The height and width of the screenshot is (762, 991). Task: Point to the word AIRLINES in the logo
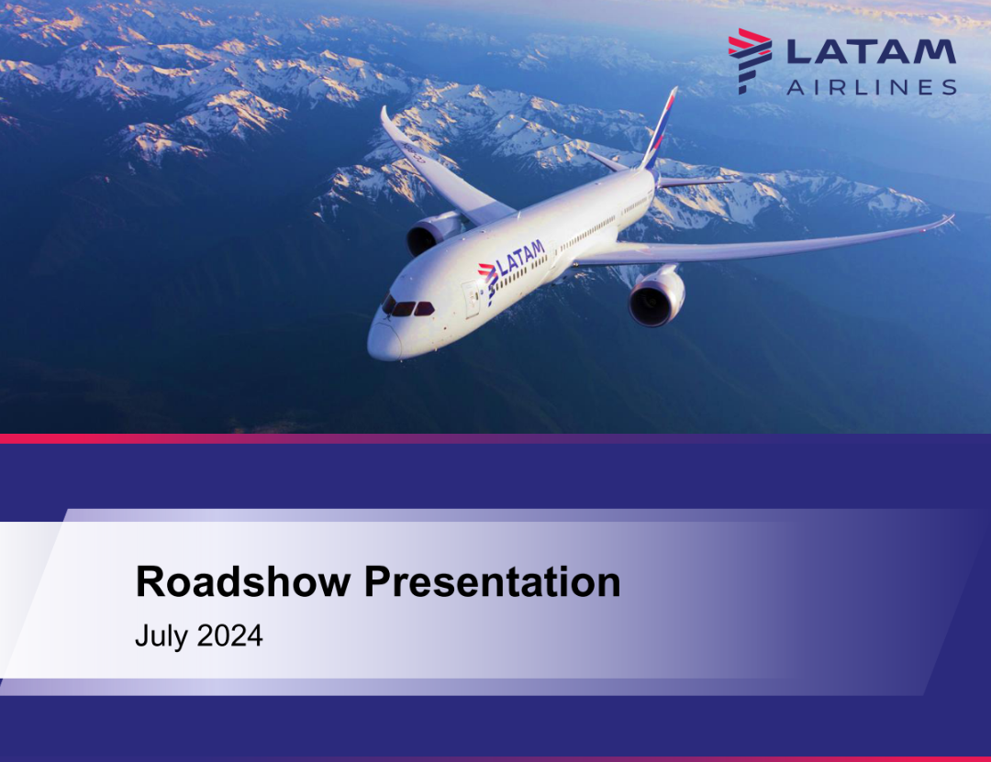(871, 87)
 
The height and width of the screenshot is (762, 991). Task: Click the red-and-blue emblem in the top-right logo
(749, 59)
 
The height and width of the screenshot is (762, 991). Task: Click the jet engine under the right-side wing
(656, 295)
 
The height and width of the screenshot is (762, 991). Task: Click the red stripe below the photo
(275, 438)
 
